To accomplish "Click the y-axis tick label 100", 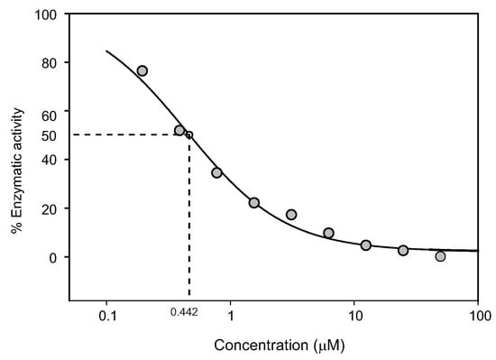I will (x=46, y=15).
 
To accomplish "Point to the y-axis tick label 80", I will (x=50, y=63).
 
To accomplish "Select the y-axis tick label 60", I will (x=50, y=115).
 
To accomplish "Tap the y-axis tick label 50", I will (x=50, y=135).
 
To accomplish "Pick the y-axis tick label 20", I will (x=50, y=208).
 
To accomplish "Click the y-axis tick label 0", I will (x=53, y=257).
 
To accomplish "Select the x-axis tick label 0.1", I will (x=106, y=317).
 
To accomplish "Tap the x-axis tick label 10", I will (x=354, y=317).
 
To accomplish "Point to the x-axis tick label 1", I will (x=231, y=317).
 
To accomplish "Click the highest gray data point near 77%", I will (x=142, y=70).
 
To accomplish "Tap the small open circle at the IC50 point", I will (x=188, y=135).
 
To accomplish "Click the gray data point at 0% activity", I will (x=440, y=256).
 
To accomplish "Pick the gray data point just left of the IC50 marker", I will (x=179, y=131).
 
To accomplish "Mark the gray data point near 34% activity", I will (x=216, y=172).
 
